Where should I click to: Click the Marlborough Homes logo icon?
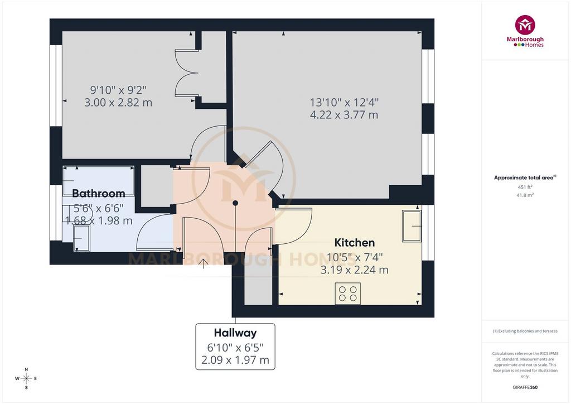525,25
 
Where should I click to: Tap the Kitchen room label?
354,243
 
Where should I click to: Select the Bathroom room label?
98,193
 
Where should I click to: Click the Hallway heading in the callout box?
235,333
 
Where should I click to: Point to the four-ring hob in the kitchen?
348,294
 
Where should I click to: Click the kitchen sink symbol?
412,226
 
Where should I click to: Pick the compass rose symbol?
26,378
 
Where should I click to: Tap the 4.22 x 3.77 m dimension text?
343,115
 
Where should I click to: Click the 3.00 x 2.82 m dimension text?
118,102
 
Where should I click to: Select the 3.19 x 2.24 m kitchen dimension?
354,270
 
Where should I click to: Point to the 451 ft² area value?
525,187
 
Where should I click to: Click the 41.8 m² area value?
525,195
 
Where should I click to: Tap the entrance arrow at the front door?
203,263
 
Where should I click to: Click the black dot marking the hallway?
235,203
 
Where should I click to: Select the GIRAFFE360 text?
525,387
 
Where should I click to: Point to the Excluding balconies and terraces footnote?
525,331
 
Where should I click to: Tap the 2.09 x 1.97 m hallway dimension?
235,360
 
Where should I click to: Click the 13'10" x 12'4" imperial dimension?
344,102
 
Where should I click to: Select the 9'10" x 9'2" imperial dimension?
118,90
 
